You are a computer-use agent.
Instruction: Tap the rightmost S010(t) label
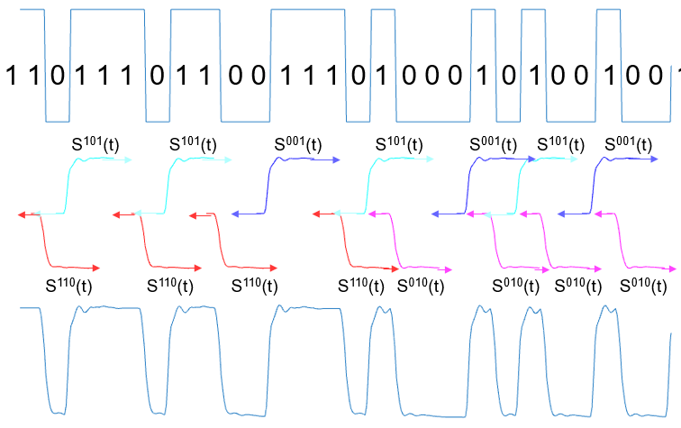click(x=646, y=287)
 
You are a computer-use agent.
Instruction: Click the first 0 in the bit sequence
click(x=57, y=76)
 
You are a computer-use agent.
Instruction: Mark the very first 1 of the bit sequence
click(x=13, y=76)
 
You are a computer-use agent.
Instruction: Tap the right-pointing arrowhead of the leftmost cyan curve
click(x=129, y=159)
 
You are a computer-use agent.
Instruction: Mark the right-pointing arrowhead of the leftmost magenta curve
click(x=448, y=269)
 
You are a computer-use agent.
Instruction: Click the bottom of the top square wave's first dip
click(x=57, y=121)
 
